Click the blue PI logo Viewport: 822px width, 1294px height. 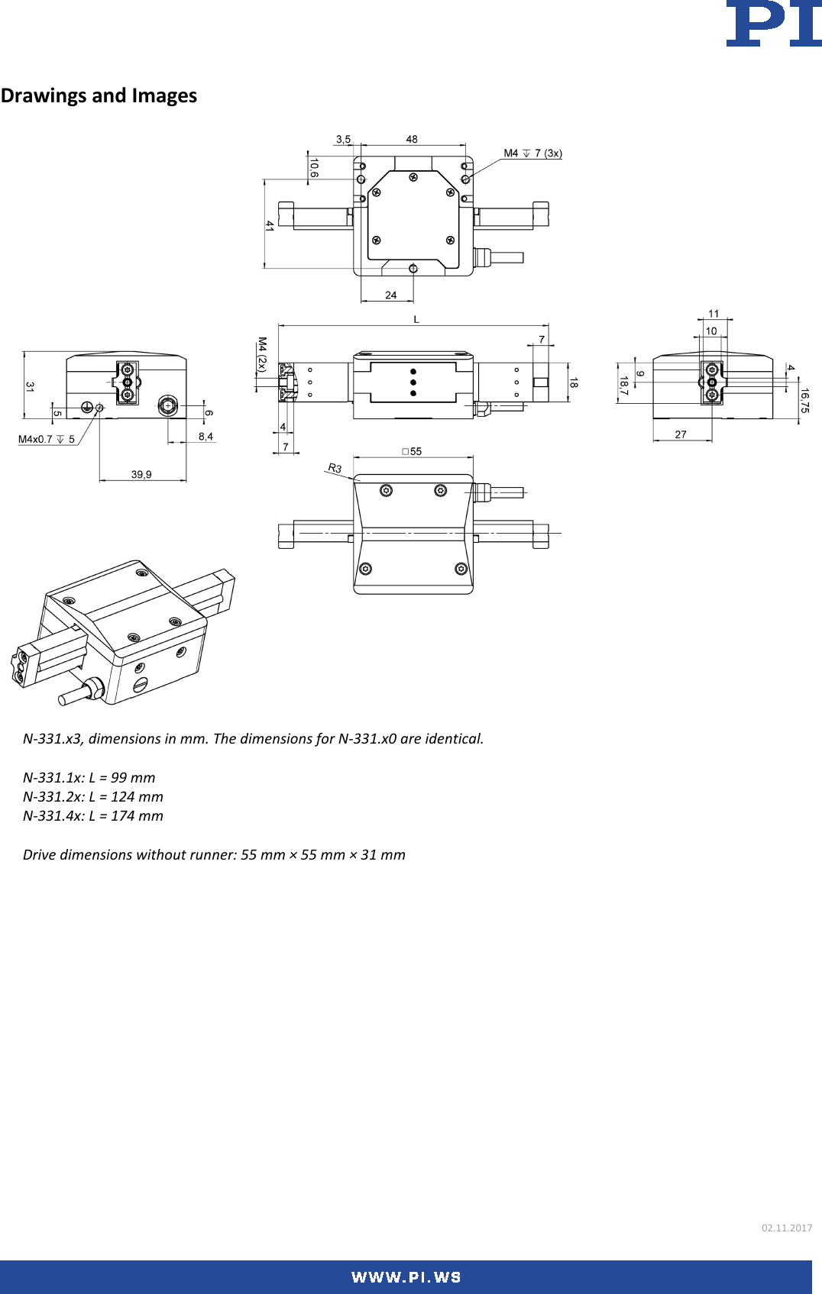[x=773, y=24]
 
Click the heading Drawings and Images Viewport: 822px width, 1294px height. [x=99, y=95]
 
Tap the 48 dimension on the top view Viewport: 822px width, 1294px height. [x=412, y=139]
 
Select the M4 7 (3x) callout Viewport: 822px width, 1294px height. [x=532, y=153]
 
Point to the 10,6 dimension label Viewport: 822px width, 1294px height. [x=314, y=168]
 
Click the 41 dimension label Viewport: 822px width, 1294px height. [x=270, y=226]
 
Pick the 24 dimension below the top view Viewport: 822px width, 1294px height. [x=391, y=295]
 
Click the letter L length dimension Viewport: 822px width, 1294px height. [x=416, y=319]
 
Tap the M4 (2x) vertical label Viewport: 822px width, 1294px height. [x=262, y=354]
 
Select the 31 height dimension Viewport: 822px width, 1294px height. [x=30, y=387]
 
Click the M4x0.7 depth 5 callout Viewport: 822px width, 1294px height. [x=47, y=440]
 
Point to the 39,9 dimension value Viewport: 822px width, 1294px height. [x=141, y=475]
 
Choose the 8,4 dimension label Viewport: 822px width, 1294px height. [x=205, y=437]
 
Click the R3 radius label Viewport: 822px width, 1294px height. [x=335, y=468]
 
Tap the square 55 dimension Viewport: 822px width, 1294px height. [x=412, y=451]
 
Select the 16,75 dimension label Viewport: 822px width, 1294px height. [x=804, y=401]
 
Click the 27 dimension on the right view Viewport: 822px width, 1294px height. [x=681, y=434]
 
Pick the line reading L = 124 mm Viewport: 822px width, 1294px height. [x=93, y=797]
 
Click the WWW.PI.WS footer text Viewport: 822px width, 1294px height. [x=406, y=1277]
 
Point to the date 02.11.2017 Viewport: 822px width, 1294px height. [x=786, y=1228]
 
